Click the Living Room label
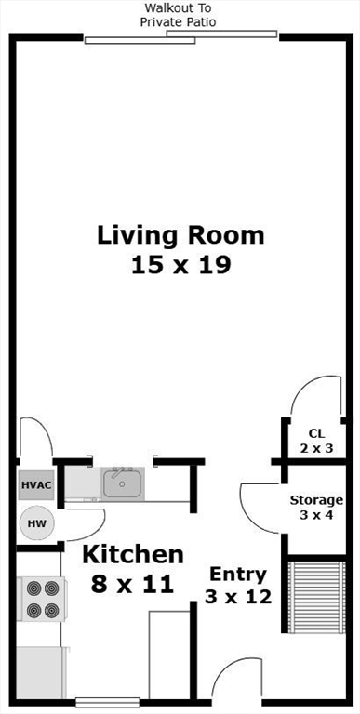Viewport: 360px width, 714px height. click(x=180, y=236)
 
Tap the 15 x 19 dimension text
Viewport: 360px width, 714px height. click(x=180, y=265)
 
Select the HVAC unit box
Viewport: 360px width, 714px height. click(x=37, y=484)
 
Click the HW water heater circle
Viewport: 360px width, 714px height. click(x=37, y=523)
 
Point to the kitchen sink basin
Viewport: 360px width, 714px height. click(x=122, y=483)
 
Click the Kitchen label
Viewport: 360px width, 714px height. click(x=133, y=555)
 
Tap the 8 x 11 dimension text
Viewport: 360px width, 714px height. click(x=132, y=584)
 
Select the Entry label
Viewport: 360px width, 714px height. click(x=237, y=575)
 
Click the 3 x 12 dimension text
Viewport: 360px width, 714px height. click(x=238, y=596)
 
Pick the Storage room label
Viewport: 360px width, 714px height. click(x=316, y=500)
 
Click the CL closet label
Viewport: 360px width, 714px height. click(x=316, y=432)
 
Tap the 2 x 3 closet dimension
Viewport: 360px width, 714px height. click(x=316, y=448)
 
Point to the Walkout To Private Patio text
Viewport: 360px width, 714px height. click(x=178, y=15)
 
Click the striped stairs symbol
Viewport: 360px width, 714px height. click(x=317, y=597)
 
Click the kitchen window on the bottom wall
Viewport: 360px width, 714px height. click(x=108, y=702)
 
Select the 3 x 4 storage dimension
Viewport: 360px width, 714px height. click(x=316, y=516)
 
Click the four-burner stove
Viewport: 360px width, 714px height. click(x=41, y=599)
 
